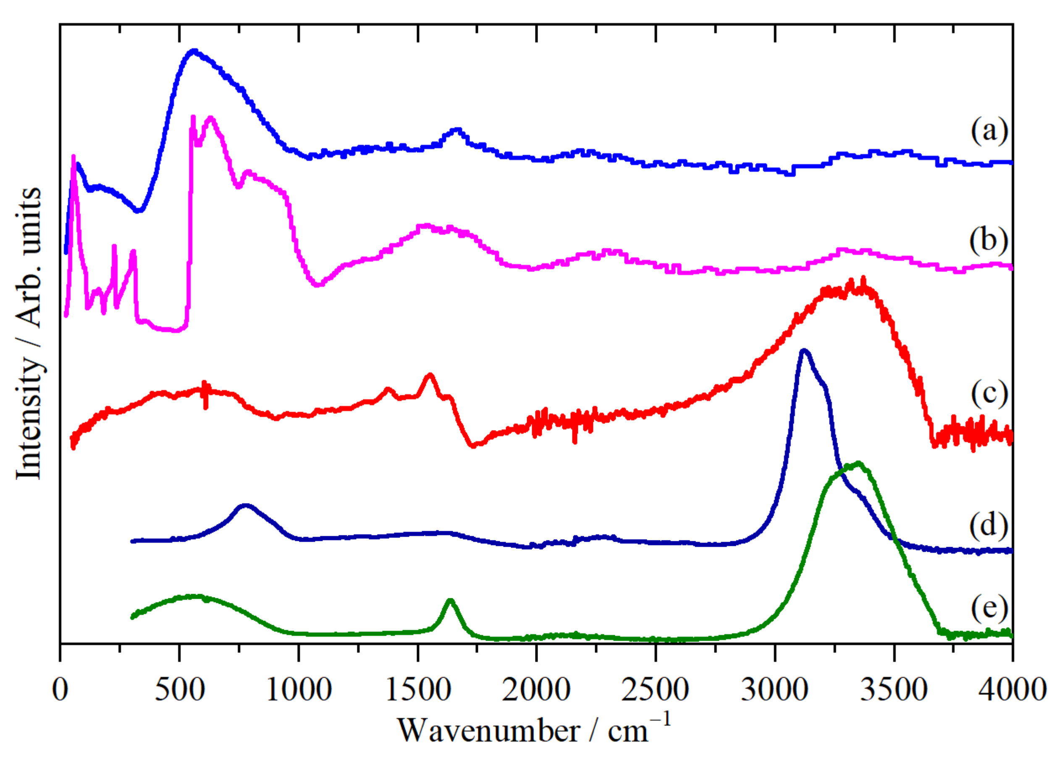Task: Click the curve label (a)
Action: (989, 131)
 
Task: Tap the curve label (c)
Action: (989, 393)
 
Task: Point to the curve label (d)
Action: (988, 525)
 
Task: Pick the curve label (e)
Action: (989, 608)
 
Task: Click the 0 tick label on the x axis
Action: (60, 690)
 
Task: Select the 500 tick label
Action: (179, 690)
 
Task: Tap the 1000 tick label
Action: (299, 690)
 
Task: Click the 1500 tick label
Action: (418, 690)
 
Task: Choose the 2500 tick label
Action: (655, 690)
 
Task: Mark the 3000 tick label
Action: (775, 690)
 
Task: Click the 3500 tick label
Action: (894, 690)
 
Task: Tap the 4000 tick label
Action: (1012, 690)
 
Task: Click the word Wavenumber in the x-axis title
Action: (488, 731)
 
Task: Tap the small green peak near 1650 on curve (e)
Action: (450, 600)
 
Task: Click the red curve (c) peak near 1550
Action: (430, 375)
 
